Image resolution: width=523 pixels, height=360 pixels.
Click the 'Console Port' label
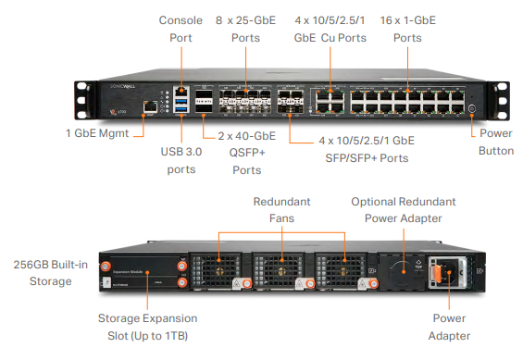coord(181,29)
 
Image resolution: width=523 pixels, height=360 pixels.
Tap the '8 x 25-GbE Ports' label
coord(246,29)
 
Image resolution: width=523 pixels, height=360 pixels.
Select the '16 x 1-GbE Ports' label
coord(407,29)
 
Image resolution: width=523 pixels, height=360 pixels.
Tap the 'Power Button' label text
coord(496,141)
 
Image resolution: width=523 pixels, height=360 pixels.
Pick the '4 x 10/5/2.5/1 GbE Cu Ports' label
coord(330,29)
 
